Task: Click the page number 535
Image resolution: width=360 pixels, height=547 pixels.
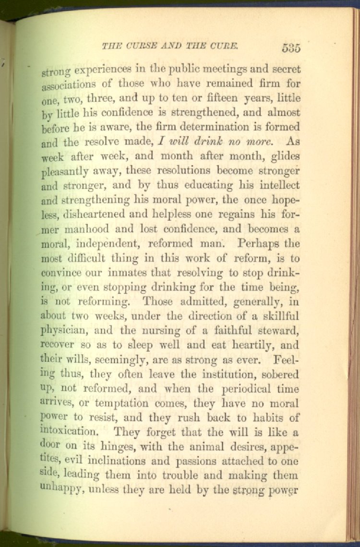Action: coord(291,48)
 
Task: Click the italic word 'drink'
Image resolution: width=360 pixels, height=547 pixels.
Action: coord(209,142)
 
